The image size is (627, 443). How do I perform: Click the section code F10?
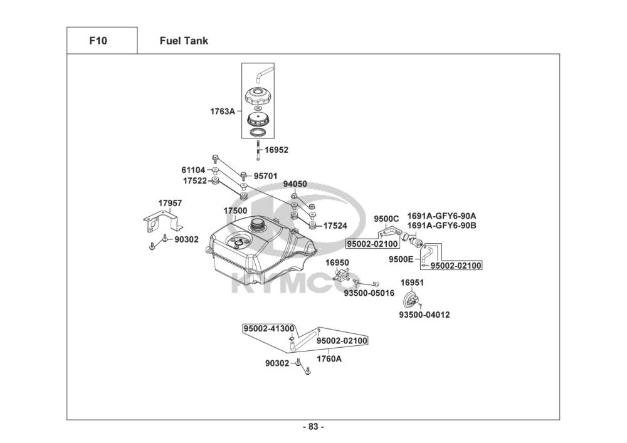[x=98, y=41]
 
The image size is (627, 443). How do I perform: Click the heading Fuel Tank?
[x=184, y=41]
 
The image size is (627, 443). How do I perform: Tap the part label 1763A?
[x=223, y=112]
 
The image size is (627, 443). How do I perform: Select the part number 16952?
[x=276, y=150]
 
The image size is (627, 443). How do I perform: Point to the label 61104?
[x=194, y=170]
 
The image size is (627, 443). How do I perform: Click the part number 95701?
[x=266, y=176]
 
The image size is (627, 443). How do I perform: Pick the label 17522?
[x=195, y=180]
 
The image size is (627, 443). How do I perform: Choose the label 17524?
[x=335, y=225]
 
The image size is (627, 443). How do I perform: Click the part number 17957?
[x=170, y=203]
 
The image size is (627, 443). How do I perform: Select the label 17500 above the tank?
[x=236, y=212]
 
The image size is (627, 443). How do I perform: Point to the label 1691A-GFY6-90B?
[x=441, y=224]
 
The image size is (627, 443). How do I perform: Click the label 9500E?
[x=400, y=258]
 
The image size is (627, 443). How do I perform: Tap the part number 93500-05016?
[x=369, y=293]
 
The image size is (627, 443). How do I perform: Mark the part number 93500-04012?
[x=424, y=315]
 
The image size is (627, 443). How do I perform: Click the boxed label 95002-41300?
[x=269, y=328]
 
